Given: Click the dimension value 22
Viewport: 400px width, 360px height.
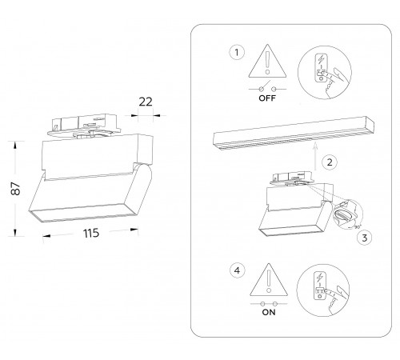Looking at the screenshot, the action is click(x=146, y=102).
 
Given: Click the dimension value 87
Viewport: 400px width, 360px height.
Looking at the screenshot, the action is click(x=17, y=189).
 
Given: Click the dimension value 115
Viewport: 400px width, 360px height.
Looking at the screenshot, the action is click(x=91, y=234).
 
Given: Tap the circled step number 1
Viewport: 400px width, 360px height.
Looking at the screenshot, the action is click(x=237, y=52).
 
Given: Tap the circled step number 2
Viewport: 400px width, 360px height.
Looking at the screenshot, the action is click(x=330, y=162).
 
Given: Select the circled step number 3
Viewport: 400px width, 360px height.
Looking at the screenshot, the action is click(x=365, y=238).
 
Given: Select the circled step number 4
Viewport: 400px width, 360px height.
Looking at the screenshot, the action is click(x=237, y=270).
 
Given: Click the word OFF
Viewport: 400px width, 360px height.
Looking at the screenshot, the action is click(x=267, y=98).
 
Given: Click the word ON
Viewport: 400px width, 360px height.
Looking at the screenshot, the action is click(x=269, y=312).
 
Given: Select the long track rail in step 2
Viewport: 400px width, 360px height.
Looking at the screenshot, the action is click(x=294, y=134).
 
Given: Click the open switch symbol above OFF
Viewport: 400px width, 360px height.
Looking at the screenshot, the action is click(x=267, y=87).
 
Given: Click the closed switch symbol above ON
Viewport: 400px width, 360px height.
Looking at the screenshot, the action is click(x=269, y=304).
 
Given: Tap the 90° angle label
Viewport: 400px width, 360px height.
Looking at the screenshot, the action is click(x=357, y=227).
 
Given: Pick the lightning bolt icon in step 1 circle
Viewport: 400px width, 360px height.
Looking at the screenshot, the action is click(x=322, y=59).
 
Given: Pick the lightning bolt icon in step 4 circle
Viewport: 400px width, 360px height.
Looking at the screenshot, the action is click(x=319, y=278).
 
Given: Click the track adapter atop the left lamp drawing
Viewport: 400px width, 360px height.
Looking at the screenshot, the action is click(x=84, y=126).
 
